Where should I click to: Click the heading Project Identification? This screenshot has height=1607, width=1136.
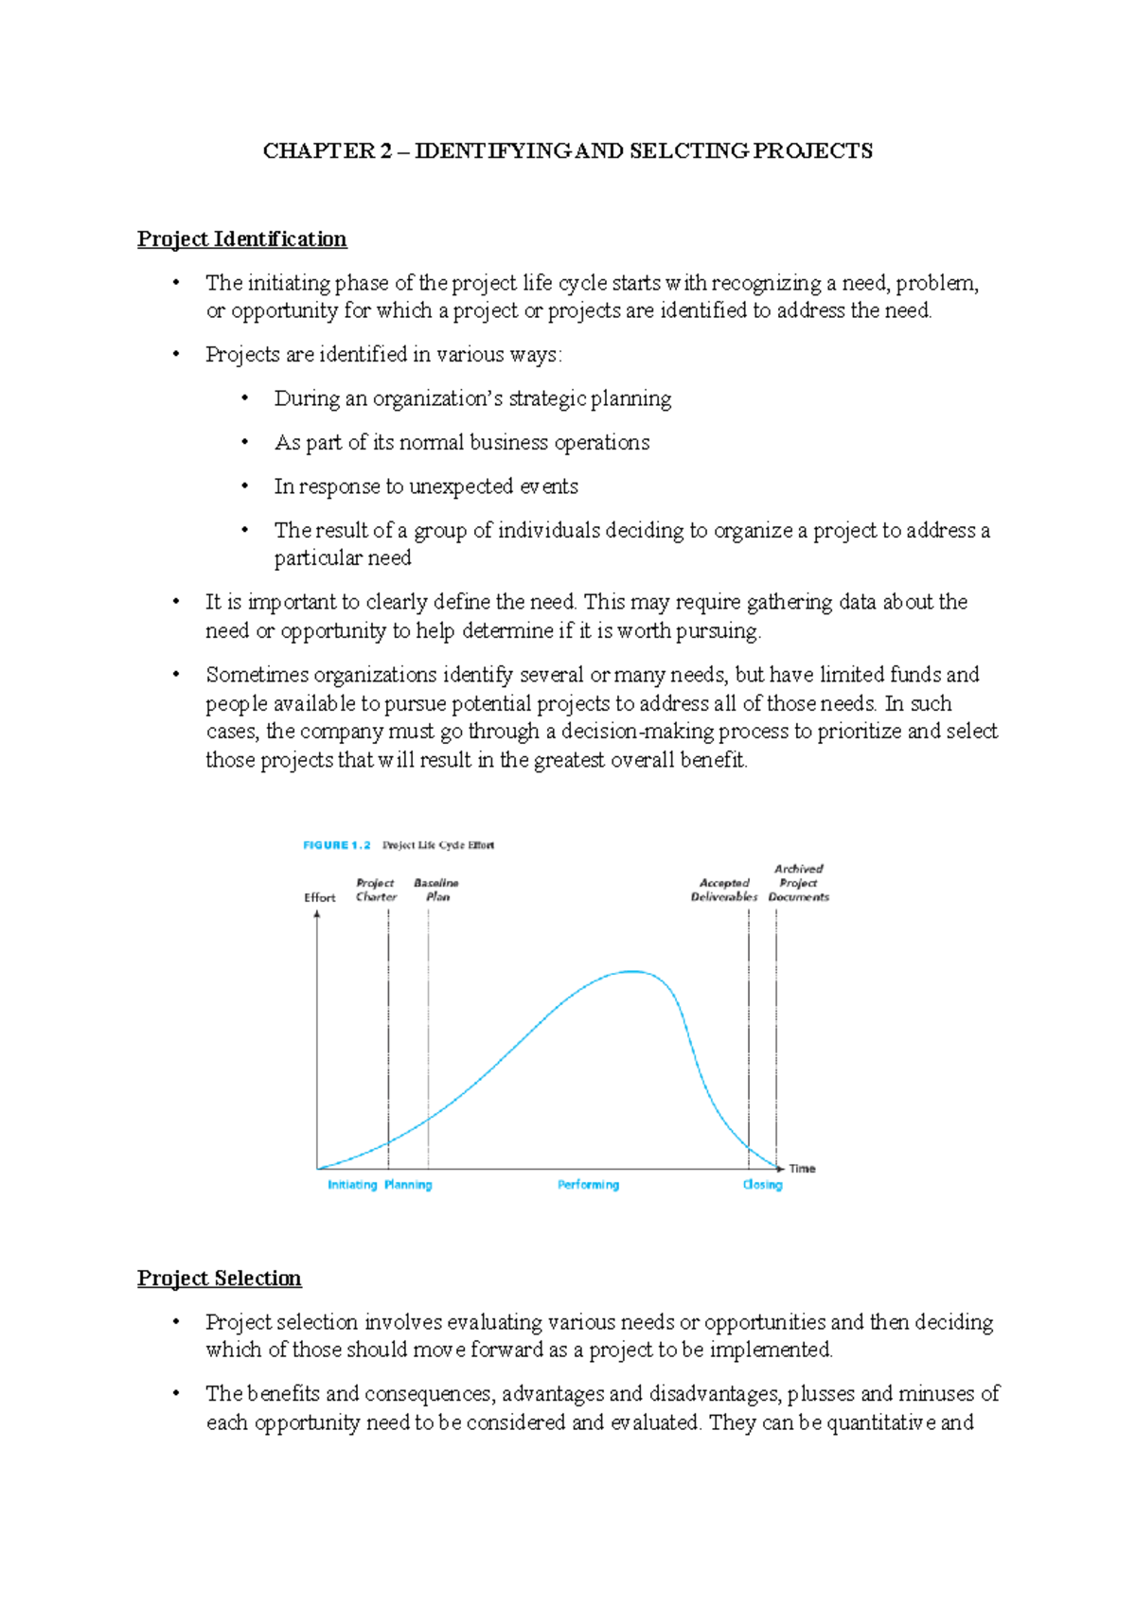(241, 238)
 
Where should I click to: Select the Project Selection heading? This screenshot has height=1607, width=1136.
(219, 1278)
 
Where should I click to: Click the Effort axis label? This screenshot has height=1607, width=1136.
(319, 897)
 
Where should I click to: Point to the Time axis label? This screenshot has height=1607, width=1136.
(802, 1169)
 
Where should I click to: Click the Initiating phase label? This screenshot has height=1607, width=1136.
(352, 1185)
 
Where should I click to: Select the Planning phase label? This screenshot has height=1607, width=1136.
(408, 1185)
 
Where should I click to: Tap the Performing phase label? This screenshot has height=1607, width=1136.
(588, 1185)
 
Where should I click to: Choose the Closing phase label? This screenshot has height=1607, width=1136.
(762, 1185)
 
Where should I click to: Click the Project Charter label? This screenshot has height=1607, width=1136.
(376, 890)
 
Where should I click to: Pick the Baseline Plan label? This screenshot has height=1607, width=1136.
(436, 890)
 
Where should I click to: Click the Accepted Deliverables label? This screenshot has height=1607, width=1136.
(724, 890)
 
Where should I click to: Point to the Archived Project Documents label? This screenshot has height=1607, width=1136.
(798, 883)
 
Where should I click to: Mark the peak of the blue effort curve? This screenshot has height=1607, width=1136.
(631, 971)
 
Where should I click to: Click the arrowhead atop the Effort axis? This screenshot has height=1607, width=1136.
(317, 915)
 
